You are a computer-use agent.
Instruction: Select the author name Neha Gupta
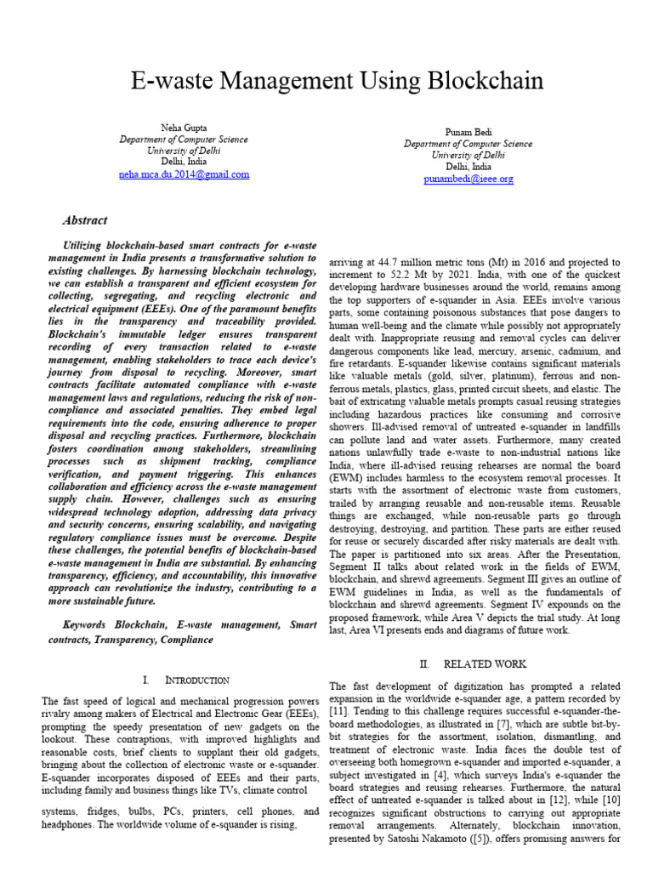point(184,128)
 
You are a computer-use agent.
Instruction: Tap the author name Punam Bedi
point(468,133)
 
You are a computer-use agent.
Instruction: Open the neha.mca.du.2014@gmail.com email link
point(184,174)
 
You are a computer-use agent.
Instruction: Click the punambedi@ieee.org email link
point(468,179)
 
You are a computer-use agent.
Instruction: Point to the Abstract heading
point(85,220)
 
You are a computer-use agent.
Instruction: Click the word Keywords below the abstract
point(88,625)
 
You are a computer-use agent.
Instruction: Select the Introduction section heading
point(185,680)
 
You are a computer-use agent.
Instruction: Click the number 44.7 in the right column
point(394,263)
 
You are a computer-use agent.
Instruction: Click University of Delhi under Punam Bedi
point(468,156)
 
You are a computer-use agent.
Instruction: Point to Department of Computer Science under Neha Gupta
point(184,139)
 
